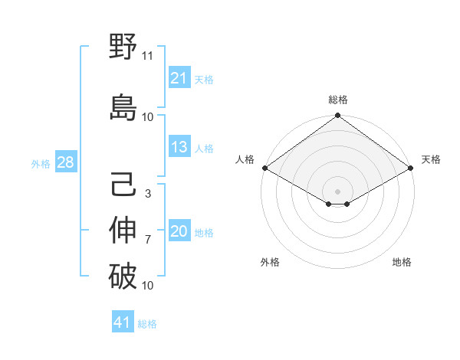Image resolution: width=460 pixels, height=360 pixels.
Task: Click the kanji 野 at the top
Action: (x=123, y=48)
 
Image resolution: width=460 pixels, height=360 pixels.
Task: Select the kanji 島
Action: (x=123, y=106)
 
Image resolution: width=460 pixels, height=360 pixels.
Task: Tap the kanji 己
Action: (x=123, y=186)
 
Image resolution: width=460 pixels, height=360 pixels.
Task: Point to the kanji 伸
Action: (x=123, y=231)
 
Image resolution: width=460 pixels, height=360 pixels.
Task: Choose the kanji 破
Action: (x=123, y=277)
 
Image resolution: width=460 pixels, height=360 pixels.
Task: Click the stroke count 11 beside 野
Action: (x=148, y=56)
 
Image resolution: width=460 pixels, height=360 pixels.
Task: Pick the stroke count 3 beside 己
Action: (x=147, y=194)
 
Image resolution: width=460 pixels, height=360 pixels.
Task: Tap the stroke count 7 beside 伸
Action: (x=147, y=240)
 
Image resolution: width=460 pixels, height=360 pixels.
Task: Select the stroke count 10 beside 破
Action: (x=148, y=286)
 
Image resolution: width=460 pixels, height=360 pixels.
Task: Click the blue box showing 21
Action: (x=179, y=78)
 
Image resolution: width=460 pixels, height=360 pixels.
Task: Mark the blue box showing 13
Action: (x=179, y=148)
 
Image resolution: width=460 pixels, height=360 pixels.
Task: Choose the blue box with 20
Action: (x=179, y=232)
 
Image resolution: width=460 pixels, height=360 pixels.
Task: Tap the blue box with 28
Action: (x=65, y=162)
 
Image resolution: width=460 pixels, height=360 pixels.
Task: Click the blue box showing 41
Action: (x=123, y=323)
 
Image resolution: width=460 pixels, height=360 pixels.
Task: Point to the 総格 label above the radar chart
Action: (x=337, y=100)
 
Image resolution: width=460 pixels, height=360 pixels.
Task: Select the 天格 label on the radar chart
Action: (x=431, y=159)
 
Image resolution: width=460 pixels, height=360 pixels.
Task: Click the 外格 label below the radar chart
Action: (x=270, y=262)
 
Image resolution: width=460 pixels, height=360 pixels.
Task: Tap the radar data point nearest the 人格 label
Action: (x=264, y=168)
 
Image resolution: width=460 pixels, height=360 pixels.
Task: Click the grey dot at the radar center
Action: (x=337, y=190)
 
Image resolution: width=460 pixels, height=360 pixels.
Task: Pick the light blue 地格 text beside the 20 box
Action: (x=204, y=233)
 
